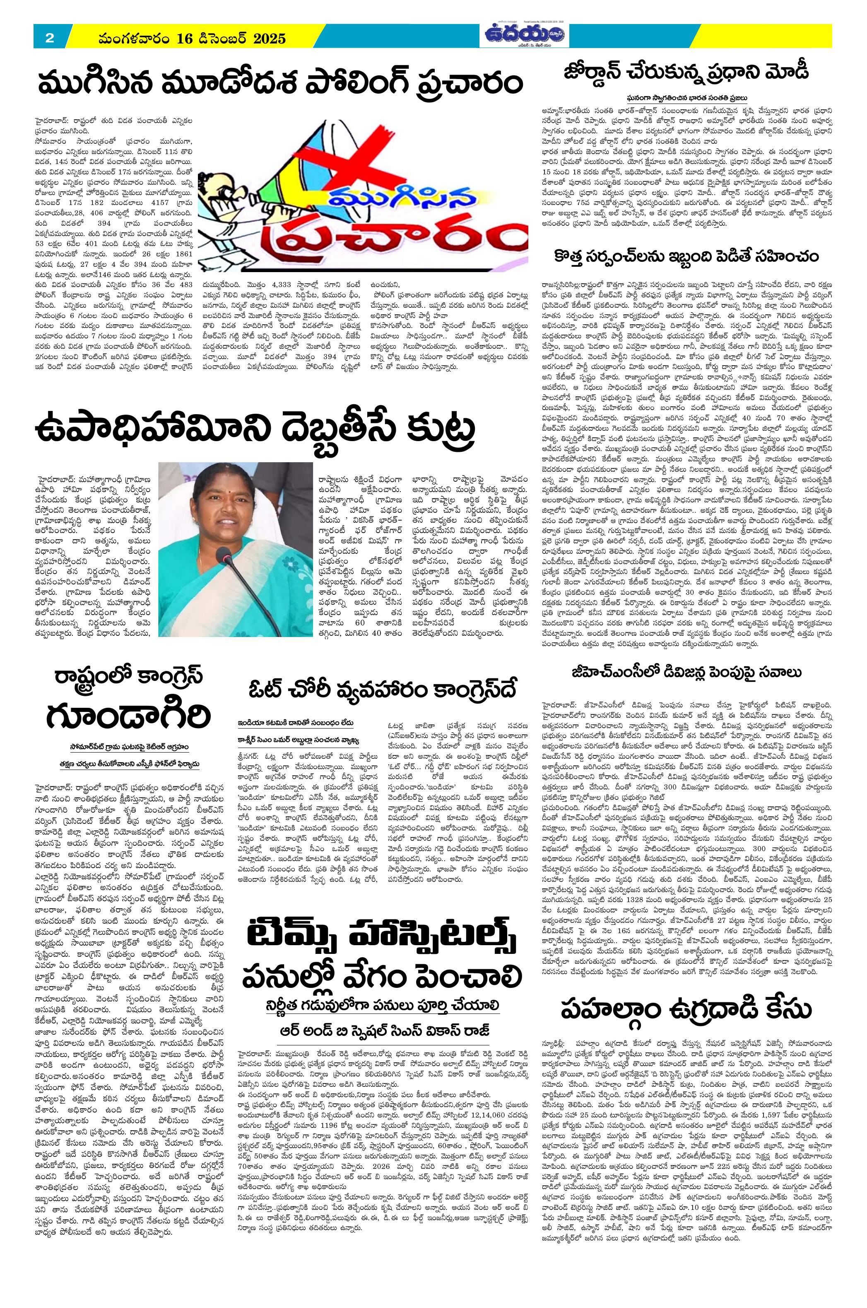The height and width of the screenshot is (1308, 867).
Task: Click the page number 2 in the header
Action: [x=49, y=38]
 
